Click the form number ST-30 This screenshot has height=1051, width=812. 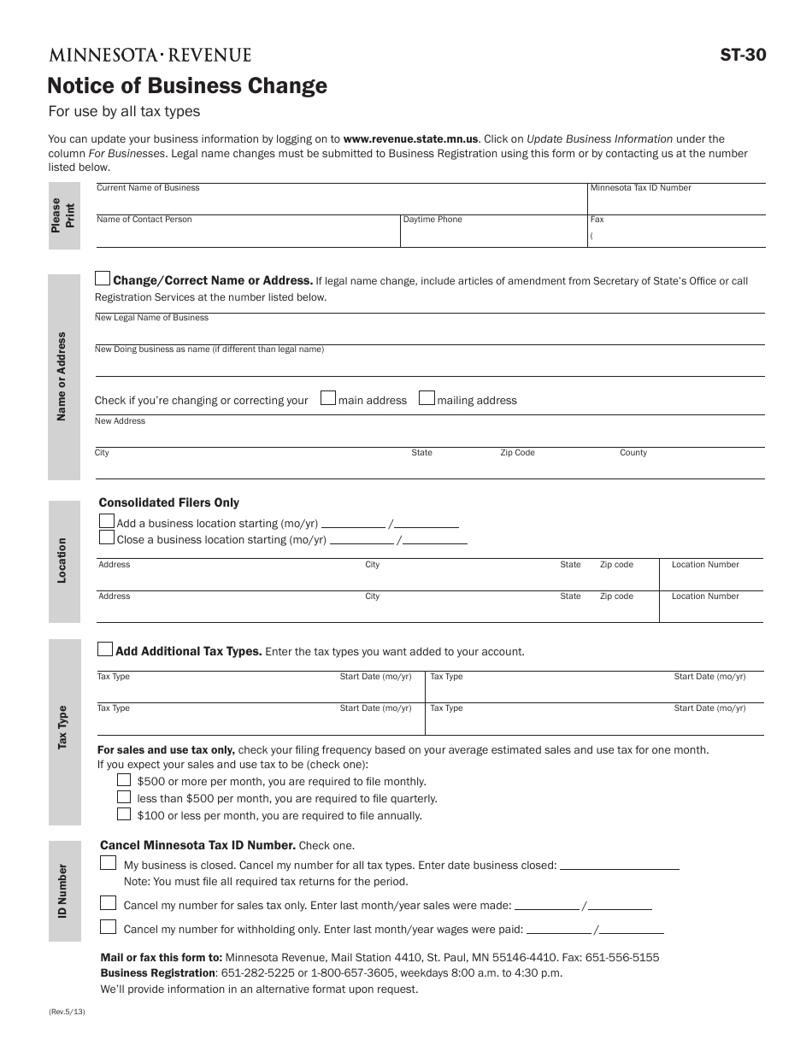(x=744, y=56)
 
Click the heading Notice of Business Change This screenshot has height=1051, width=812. (x=187, y=85)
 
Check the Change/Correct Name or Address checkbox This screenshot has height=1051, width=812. (x=103, y=279)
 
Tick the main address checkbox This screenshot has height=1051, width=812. (x=327, y=398)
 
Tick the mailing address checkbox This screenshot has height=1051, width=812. (x=427, y=398)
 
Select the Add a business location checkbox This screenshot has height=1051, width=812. (x=107, y=521)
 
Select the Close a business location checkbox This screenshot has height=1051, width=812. (x=107, y=537)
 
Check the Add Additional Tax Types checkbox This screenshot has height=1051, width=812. (x=104, y=649)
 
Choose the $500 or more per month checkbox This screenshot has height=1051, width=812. (x=124, y=779)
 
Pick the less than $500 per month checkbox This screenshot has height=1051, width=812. (x=124, y=796)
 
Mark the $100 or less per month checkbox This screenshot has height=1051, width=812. (x=124, y=813)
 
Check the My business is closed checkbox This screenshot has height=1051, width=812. (x=108, y=863)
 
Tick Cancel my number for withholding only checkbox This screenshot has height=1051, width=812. (x=108, y=927)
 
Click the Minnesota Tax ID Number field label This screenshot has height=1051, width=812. (x=640, y=188)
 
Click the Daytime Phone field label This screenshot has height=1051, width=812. (x=432, y=220)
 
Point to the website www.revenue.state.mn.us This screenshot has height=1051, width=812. (x=410, y=138)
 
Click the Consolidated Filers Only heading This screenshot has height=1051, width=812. (x=169, y=502)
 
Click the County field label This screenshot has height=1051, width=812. (x=633, y=453)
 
